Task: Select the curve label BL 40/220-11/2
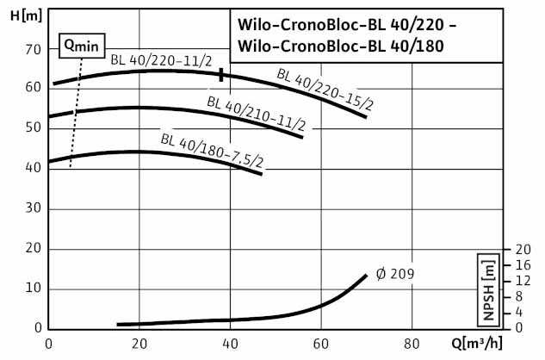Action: coord(160,60)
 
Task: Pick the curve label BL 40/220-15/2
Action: coord(325,89)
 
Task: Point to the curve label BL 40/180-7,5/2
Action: coord(211,149)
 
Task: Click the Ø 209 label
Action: coord(395,274)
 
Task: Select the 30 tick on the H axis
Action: coord(34,208)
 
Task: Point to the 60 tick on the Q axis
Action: coord(321,344)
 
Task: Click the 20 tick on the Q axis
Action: coord(139,344)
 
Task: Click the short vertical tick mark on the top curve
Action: coord(221,74)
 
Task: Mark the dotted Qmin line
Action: coord(76,112)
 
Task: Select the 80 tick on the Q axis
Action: coord(412,344)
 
